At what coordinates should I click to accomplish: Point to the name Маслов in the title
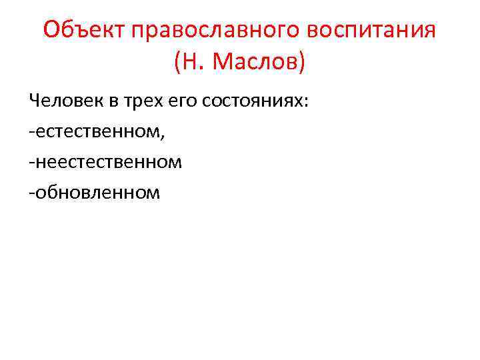256,63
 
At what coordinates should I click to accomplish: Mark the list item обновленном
97,193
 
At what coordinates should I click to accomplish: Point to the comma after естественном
162,135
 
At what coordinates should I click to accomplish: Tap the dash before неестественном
31,163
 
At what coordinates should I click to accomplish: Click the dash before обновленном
31,193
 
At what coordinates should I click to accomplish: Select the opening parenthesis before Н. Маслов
177,63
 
